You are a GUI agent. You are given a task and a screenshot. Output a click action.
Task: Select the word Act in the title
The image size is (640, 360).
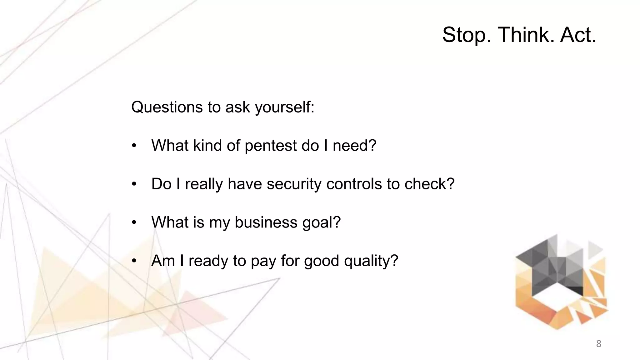pyautogui.click(x=577, y=35)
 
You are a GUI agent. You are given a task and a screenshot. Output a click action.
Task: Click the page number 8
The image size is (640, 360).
pyautogui.click(x=598, y=344)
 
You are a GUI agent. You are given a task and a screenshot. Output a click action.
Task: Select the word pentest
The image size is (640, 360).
pyautogui.click(x=271, y=146)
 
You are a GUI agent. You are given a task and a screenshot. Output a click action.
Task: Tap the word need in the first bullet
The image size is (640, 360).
pyautogui.click(x=354, y=146)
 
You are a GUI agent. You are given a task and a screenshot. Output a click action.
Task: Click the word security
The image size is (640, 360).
pyautogui.click(x=294, y=184)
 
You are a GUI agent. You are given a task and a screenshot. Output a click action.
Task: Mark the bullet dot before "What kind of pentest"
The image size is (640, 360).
pyautogui.click(x=134, y=146)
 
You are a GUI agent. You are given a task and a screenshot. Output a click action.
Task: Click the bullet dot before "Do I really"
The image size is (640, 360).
pyautogui.click(x=134, y=184)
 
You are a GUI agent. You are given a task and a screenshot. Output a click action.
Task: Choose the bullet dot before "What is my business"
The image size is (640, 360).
pyautogui.click(x=134, y=222)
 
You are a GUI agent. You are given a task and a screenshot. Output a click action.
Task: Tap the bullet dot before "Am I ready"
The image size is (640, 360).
pyautogui.click(x=134, y=261)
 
